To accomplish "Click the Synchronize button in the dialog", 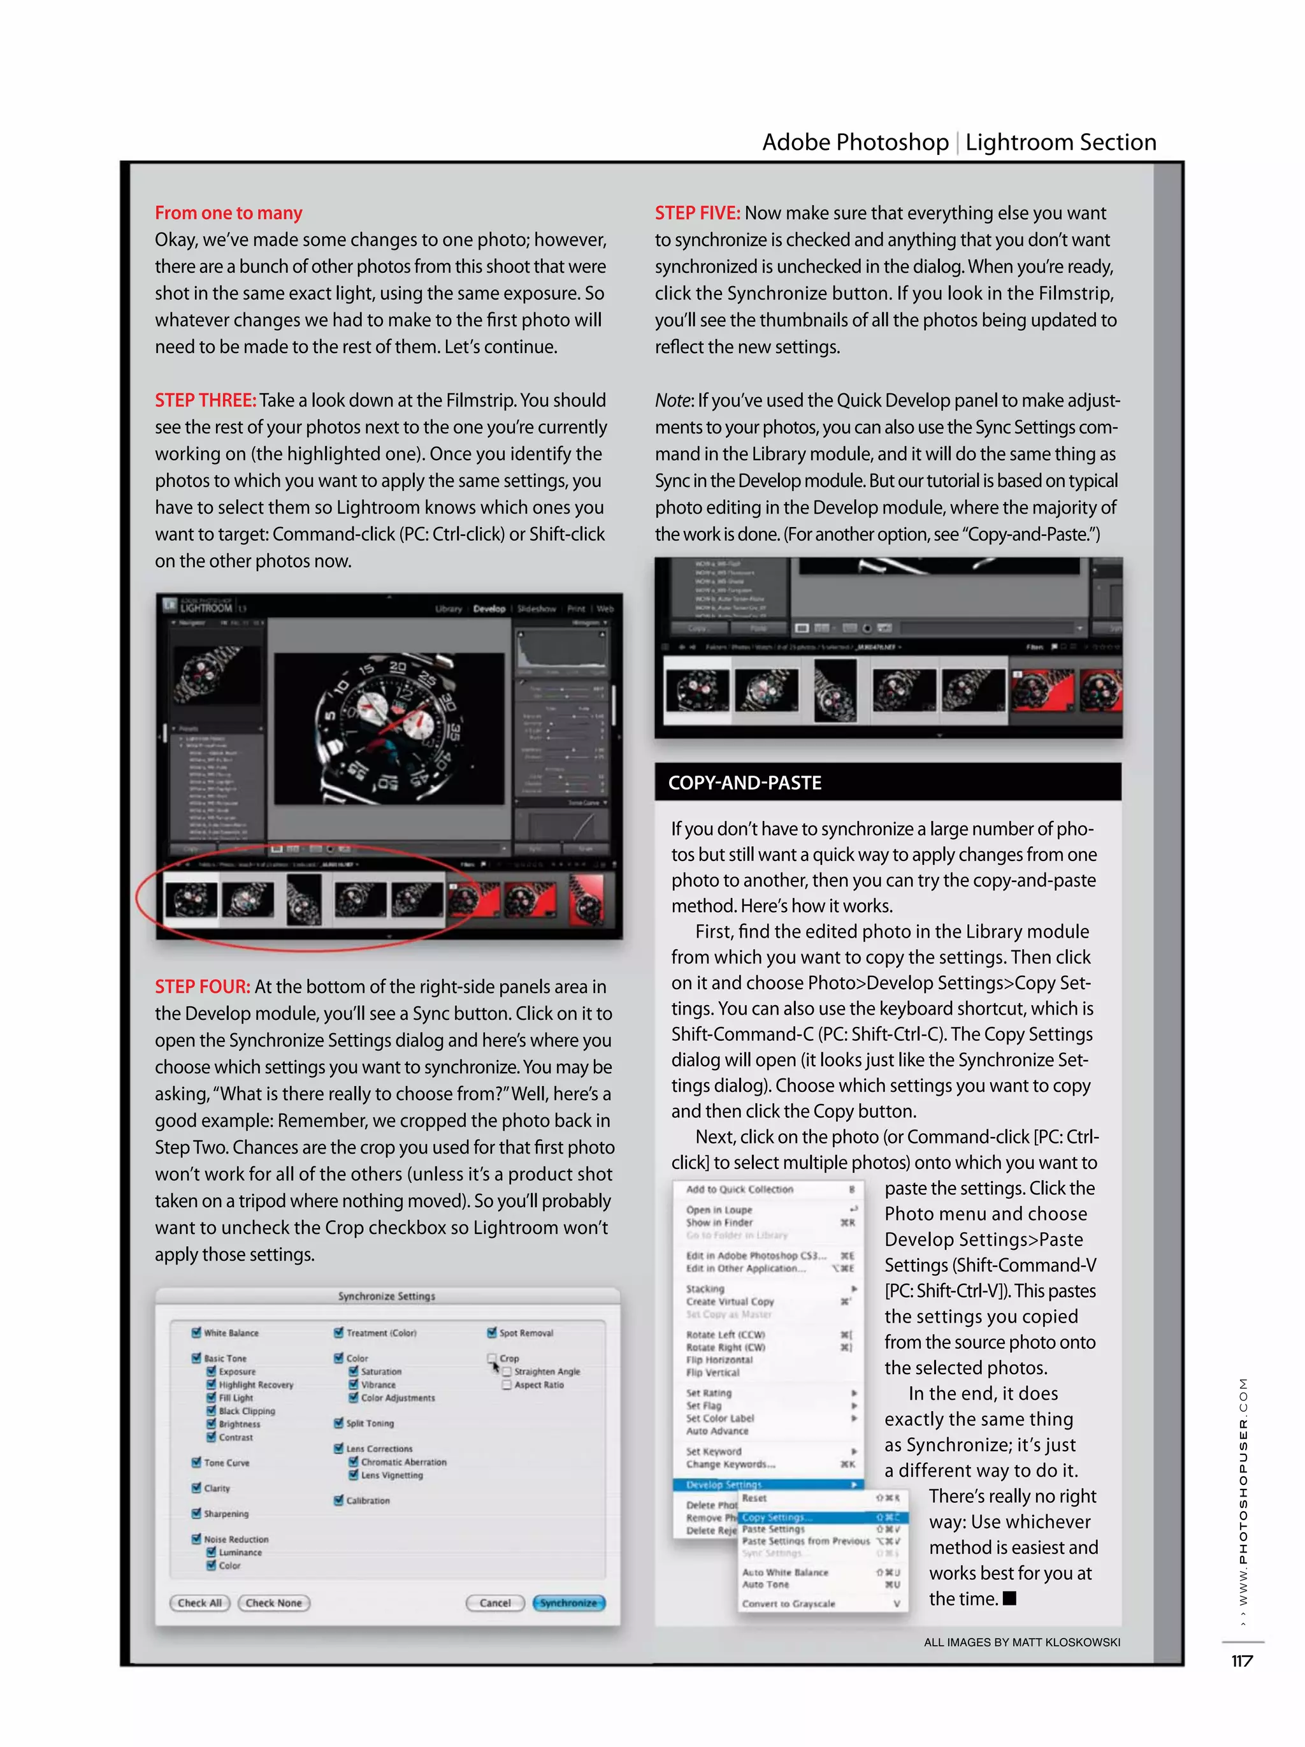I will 568,1602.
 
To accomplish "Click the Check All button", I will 199,1602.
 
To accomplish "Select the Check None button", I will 273,1602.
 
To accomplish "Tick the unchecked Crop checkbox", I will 492,1358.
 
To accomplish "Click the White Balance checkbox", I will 196,1332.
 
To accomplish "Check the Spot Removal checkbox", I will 492,1332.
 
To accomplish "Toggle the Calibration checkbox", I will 339,1500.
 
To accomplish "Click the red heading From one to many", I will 228,214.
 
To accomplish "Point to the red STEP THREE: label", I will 205,400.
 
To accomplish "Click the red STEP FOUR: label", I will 202,987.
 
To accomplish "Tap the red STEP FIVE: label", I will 697,214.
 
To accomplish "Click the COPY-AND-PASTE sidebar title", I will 744,783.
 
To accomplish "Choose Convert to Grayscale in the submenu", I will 788,1603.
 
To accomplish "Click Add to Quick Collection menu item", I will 739,1189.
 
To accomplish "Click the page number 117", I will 1242,1661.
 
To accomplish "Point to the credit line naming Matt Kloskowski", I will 1021,1642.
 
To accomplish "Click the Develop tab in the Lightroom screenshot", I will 489,609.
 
